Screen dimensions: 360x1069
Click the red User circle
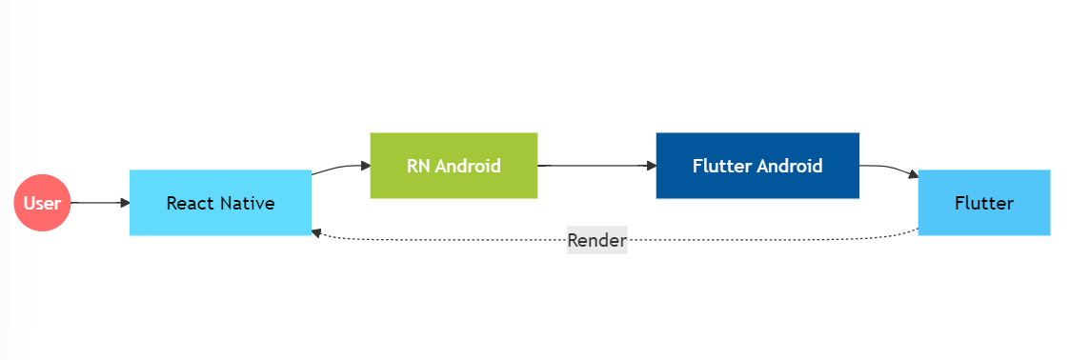(42, 203)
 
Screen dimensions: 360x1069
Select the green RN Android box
(454, 166)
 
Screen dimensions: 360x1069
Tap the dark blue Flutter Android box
(757, 166)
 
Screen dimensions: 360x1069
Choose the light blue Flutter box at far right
(983, 203)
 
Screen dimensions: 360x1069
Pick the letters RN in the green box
(418, 166)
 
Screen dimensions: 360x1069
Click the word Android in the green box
(468, 166)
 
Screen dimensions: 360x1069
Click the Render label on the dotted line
(596, 240)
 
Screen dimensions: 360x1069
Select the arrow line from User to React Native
(95, 203)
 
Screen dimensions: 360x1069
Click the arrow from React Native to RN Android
(338, 168)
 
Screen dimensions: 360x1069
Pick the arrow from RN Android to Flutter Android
(595, 166)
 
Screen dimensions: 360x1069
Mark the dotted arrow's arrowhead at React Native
(316, 231)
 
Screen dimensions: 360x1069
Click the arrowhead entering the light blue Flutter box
(913, 175)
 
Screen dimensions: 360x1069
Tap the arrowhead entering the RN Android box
(365, 166)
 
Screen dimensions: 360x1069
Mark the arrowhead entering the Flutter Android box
(652, 166)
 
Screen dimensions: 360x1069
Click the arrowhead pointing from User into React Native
(125, 203)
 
